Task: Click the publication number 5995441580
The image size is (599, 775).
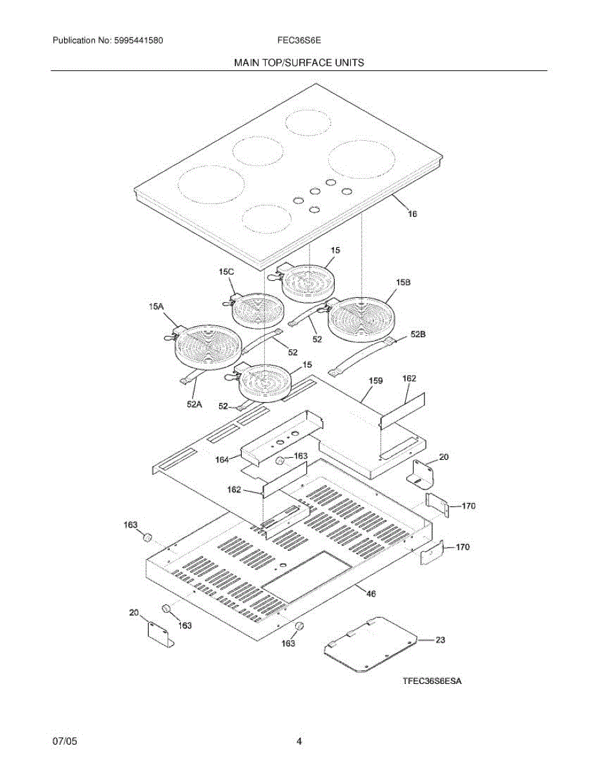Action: pyautogui.click(x=137, y=41)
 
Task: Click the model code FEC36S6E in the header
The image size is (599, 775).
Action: pyautogui.click(x=296, y=41)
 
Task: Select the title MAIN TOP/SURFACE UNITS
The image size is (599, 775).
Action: pyautogui.click(x=299, y=63)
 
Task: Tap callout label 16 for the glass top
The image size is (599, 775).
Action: pyautogui.click(x=412, y=213)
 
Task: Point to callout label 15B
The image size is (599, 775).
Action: pyautogui.click(x=404, y=283)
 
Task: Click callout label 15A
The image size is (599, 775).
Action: pyautogui.click(x=156, y=307)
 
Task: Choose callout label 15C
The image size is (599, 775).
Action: pyautogui.click(x=226, y=273)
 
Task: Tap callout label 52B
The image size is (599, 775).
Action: pyautogui.click(x=419, y=335)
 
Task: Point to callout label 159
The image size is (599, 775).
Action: pyautogui.click(x=376, y=381)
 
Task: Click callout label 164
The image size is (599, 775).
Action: pyautogui.click(x=222, y=459)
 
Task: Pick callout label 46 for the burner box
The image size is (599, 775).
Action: pyautogui.click(x=371, y=593)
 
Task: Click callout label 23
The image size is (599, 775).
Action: pyautogui.click(x=439, y=640)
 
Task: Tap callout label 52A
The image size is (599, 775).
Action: pyautogui.click(x=194, y=404)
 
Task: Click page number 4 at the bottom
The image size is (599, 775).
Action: pyautogui.click(x=299, y=741)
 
